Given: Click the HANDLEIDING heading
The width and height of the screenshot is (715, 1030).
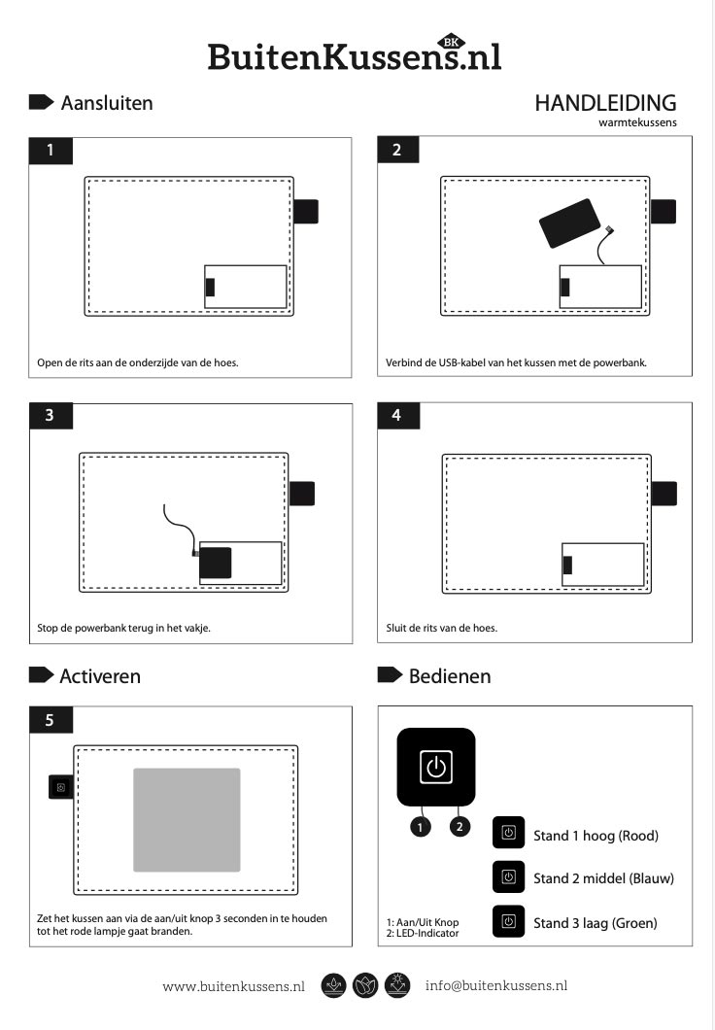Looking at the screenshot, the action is point(605,103).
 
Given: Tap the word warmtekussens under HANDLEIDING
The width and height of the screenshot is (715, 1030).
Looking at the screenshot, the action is point(637,122).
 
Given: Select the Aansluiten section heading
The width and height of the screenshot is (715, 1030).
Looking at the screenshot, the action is point(106,103).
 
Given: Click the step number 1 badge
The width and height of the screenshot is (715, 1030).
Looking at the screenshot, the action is point(51,151).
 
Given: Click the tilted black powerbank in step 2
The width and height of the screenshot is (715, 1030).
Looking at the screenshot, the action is point(569,223).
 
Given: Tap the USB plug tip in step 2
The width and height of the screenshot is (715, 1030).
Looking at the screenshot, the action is point(609,230).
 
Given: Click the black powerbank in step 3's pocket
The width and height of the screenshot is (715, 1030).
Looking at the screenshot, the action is point(216,563).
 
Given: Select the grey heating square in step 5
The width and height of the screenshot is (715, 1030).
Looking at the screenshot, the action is point(187,820).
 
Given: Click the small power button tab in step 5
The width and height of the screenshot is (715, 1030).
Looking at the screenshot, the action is point(61,787).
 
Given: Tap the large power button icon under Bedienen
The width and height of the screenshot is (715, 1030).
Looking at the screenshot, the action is point(436,767).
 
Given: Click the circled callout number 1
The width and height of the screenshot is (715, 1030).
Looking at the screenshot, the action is point(421,827).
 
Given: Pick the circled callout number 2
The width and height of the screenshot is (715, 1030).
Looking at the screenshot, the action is point(460,826).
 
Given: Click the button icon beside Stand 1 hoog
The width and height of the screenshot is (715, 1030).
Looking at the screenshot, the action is point(509,833).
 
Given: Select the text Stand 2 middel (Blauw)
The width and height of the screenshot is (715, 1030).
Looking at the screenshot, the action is point(603,879).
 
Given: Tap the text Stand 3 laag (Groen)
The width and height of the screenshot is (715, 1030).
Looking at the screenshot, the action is point(595,923).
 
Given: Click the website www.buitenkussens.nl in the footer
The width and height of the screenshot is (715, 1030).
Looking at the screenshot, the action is point(234,986).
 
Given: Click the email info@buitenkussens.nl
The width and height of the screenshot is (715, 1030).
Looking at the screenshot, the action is point(496,985).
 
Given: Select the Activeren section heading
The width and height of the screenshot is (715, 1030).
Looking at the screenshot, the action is point(100,676).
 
